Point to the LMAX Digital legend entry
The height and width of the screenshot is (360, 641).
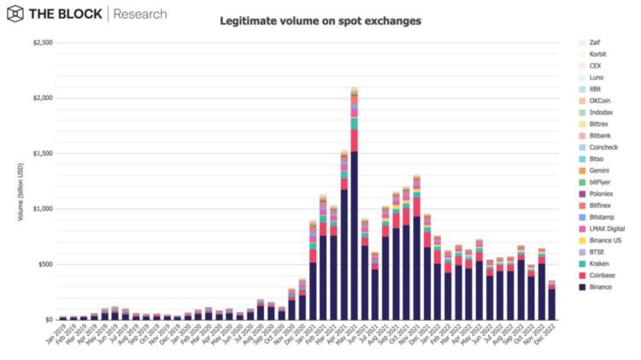point(608,228)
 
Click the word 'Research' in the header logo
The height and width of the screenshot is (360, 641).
point(140,15)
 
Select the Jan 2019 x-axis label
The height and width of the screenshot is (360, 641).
point(57,336)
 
